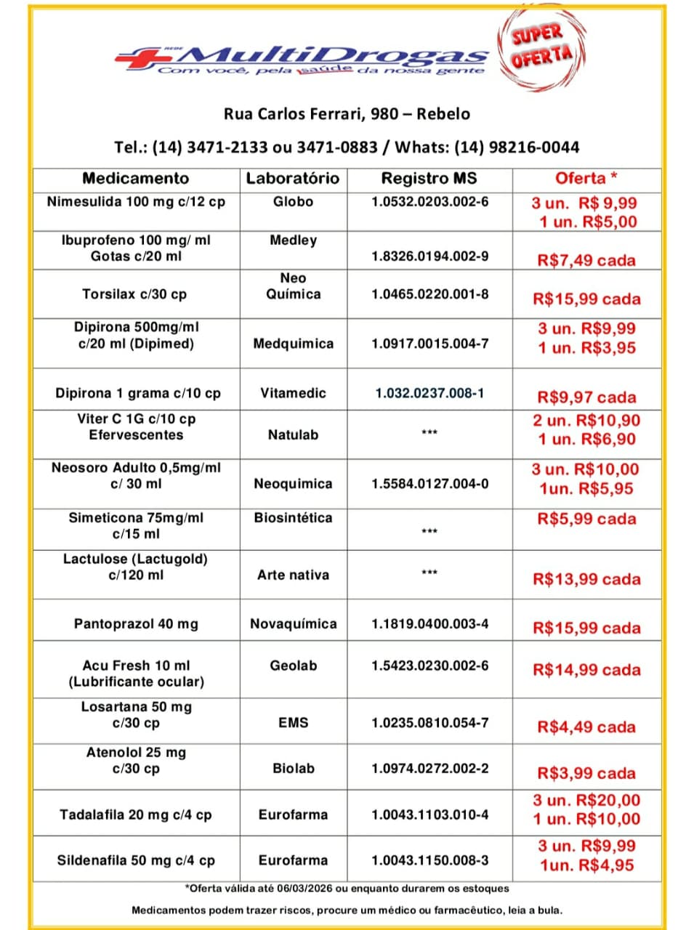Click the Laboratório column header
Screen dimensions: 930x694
click(292, 178)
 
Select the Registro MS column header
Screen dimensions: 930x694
click(429, 178)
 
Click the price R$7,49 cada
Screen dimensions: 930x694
click(586, 260)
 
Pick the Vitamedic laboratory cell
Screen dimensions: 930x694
click(293, 393)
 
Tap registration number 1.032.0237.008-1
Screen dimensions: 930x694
click(429, 393)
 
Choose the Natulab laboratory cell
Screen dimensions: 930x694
click(293, 435)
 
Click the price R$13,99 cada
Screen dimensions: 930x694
click(586, 579)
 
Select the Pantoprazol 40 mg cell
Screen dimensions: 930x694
click(136, 624)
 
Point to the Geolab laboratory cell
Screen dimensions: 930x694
click(293, 666)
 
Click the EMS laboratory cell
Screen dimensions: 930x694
click(293, 723)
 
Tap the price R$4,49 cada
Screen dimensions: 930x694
click(586, 727)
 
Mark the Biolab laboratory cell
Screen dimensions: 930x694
click(293, 769)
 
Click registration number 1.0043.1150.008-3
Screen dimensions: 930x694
click(429, 860)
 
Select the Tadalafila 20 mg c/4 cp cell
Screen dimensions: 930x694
click(136, 814)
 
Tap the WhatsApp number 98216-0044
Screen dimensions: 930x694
click(534, 147)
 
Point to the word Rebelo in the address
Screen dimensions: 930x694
click(443, 114)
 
